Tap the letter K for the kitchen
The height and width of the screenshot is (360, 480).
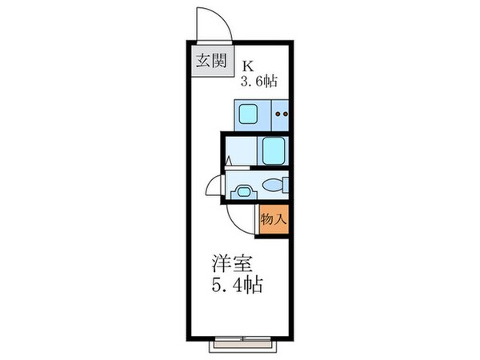pyautogui.click(x=249, y=65)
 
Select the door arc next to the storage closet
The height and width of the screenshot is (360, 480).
pyautogui.click(x=240, y=218)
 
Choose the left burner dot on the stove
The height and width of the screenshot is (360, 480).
pyautogui.click(x=277, y=114)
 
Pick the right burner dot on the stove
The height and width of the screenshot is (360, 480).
pyautogui.click(x=285, y=114)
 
